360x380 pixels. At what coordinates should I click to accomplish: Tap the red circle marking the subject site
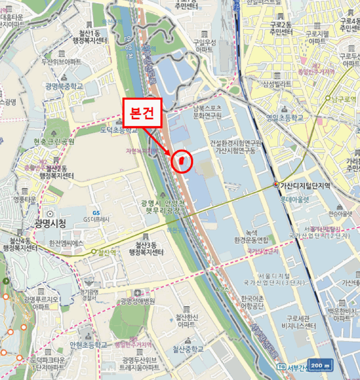tap(182, 161)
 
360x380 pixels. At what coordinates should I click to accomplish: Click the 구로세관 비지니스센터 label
tap(295, 322)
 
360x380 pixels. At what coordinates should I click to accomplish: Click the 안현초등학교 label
tap(89, 344)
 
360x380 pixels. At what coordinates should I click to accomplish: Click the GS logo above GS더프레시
tap(97, 212)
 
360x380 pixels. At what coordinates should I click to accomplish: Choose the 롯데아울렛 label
tap(294, 199)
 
